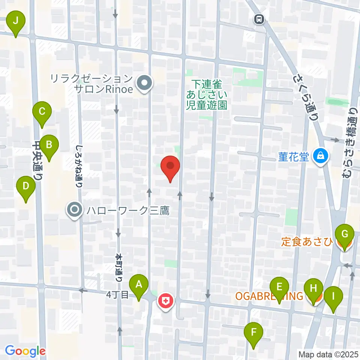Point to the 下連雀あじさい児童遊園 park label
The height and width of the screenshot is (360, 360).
(x=207, y=94)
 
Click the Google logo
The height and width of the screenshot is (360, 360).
(x=25, y=351)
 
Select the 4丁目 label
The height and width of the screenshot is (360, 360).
(x=117, y=295)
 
